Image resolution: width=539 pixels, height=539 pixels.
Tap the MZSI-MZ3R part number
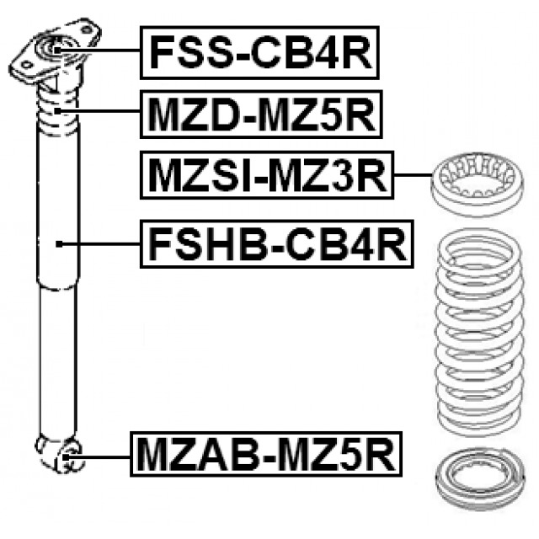click(266, 176)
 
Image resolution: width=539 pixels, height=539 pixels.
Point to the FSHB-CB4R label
click(277, 243)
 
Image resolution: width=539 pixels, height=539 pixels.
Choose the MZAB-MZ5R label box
click(265, 456)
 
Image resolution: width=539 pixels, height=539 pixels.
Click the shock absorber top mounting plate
click(55, 52)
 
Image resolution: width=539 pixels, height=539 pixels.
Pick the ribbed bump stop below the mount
click(56, 114)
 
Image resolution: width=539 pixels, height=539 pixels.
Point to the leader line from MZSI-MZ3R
click(413, 176)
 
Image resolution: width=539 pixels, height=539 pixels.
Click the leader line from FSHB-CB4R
click(101, 244)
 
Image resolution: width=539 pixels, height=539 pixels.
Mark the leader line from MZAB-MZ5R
click(104, 456)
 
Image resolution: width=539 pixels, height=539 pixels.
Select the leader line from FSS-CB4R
click(101, 51)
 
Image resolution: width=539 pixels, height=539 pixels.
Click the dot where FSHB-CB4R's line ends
click(61, 244)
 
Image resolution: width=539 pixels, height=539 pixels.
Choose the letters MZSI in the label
click(195, 176)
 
